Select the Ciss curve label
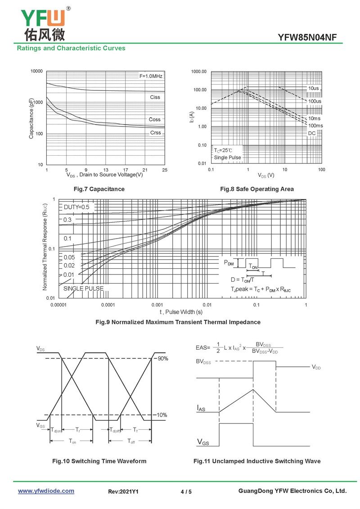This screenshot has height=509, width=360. point(155,97)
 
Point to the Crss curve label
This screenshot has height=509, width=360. point(155,133)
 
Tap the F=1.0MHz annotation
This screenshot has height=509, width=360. point(151,77)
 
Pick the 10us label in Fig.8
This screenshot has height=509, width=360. point(314,88)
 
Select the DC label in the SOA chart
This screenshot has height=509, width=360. point(312,133)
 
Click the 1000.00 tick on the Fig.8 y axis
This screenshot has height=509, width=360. point(198,72)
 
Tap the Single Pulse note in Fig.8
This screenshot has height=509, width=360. point(227,158)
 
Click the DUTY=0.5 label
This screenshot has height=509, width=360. point(76,207)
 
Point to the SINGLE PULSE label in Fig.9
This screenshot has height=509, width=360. point(83,288)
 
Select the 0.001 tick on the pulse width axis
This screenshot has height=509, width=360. point(157,305)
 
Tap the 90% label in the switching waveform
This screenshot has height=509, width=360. point(162,358)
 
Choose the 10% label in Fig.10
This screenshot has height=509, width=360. point(162,414)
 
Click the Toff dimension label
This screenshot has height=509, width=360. point(130,441)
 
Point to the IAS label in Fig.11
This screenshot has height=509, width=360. point(201,408)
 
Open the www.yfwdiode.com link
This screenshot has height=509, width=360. point(46,491)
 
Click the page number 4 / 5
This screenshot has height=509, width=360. point(186,491)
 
